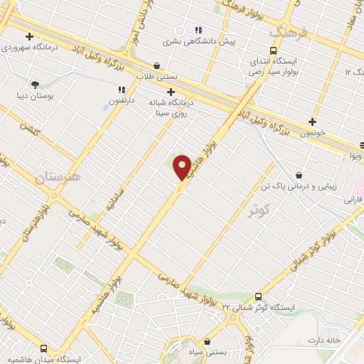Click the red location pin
click(x=182, y=168)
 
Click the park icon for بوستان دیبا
click(x=35, y=84)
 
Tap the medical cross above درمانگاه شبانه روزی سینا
click(x=171, y=91)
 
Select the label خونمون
click(x=311, y=132)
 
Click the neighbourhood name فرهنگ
click(x=288, y=31)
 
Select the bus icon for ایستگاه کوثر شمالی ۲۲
click(x=257, y=297)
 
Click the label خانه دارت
click(x=325, y=341)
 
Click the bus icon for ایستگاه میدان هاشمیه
click(x=44, y=349)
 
